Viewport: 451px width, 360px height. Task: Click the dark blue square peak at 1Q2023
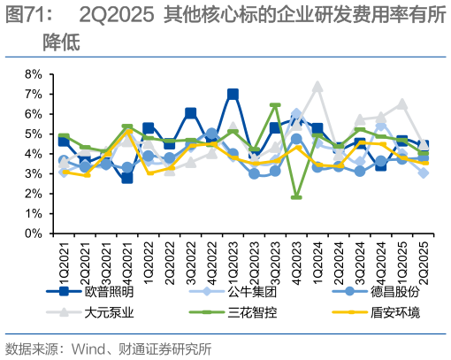233,94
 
